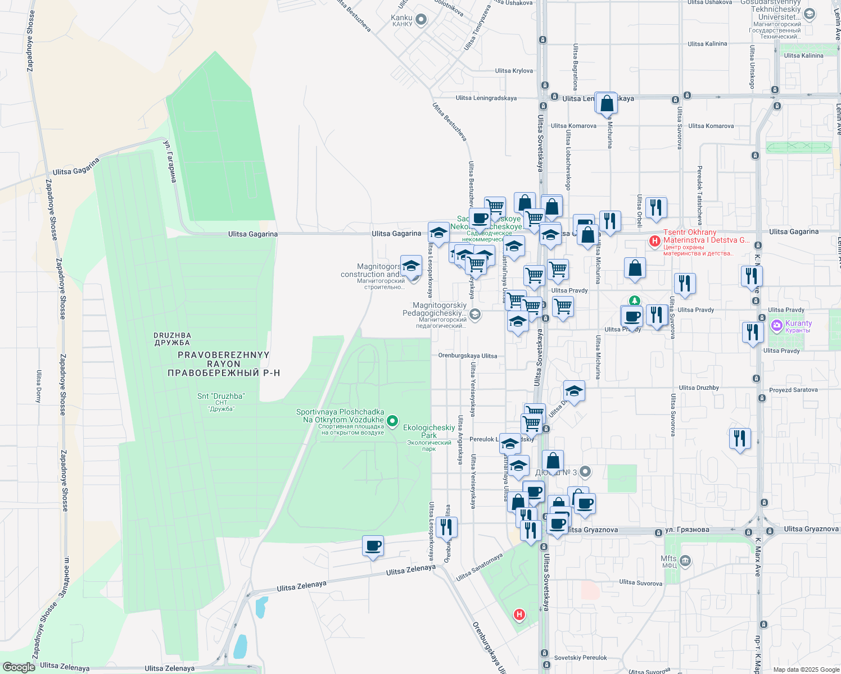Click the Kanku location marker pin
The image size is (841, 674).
point(421,21)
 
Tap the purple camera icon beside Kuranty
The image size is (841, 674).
point(777,325)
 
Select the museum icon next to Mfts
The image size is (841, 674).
point(685,561)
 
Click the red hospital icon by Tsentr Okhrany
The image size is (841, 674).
point(654,242)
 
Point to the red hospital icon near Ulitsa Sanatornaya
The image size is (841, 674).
point(519,615)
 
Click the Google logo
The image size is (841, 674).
point(19,667)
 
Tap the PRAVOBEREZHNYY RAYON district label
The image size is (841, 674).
point(224,363)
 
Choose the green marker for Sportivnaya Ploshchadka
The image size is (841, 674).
point(393,420)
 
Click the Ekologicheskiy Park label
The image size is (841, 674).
point(429,431)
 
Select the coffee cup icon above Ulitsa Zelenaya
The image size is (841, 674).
point(373,546)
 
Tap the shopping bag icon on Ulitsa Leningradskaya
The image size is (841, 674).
point(607,104)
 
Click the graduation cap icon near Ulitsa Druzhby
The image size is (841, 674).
point(574,391)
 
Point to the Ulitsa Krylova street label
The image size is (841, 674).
point(514,71)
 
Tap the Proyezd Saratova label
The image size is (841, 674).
point(793,390)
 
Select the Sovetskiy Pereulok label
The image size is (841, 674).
point(580,658)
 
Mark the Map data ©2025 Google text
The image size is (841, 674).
point(806,670)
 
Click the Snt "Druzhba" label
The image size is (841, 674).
point(221,396)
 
